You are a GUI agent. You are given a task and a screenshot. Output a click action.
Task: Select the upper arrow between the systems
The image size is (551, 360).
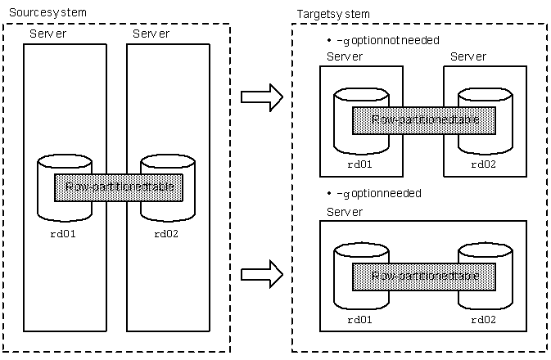[261, 98]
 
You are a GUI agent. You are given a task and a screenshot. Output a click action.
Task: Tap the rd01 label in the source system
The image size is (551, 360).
[57, 233]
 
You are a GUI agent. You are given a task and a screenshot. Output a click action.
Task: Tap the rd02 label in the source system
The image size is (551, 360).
[165, 233]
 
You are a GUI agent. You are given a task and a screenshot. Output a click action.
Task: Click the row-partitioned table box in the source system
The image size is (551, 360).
[118, 187]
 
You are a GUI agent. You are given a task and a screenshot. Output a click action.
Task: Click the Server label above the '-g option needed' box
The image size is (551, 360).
[344, 212]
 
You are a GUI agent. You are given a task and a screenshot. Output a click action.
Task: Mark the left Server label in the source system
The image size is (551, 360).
[47, 34]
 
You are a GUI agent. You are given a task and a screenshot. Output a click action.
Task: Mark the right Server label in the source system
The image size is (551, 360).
[151, 34]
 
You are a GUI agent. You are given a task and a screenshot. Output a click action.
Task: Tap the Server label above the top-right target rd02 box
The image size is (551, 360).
[467, 56]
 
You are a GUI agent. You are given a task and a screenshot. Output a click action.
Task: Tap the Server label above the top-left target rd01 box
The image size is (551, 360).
[344, 56]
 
